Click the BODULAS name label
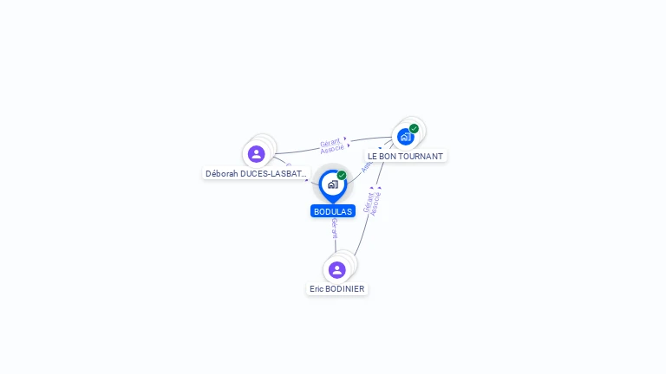click(x=333, y=211)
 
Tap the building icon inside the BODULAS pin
click(x=332, y=184)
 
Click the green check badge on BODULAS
click(x=342, y=176)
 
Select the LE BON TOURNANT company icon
click(x=405, y=137)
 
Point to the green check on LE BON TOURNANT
click(x=415, y=129)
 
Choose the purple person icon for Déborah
click(x=256, y=154)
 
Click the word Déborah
click(x=222, y=173)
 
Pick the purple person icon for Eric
click(x=337, y=270)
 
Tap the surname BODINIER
click(x=346, y=289)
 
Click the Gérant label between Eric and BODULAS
click(x=335, y=229)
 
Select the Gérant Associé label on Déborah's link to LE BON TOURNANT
click(x=331, y=145)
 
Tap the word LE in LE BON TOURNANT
click(x=373, y=157)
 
